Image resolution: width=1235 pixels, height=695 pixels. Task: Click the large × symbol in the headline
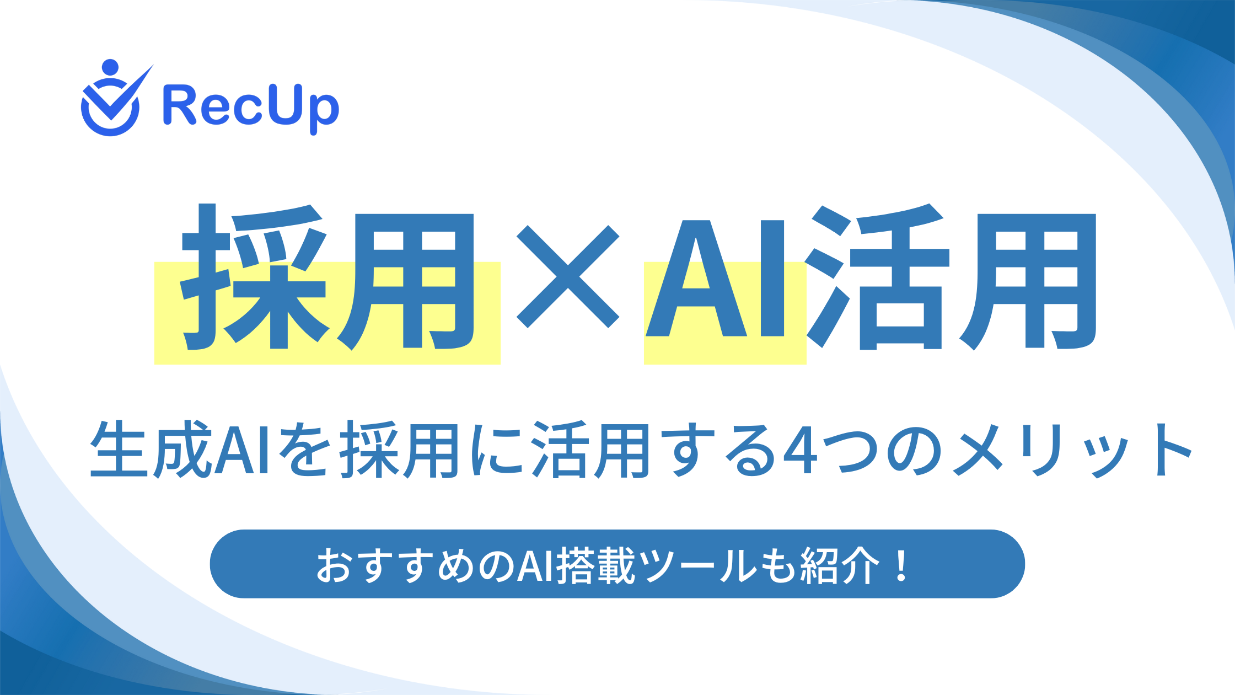568,276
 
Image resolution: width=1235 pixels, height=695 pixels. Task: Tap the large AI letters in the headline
715,279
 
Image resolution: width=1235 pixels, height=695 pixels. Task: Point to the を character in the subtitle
305,450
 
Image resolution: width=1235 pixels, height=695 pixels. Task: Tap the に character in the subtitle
496,450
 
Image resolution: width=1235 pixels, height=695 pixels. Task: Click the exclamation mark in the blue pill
902,565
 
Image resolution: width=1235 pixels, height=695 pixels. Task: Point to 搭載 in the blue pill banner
597,565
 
